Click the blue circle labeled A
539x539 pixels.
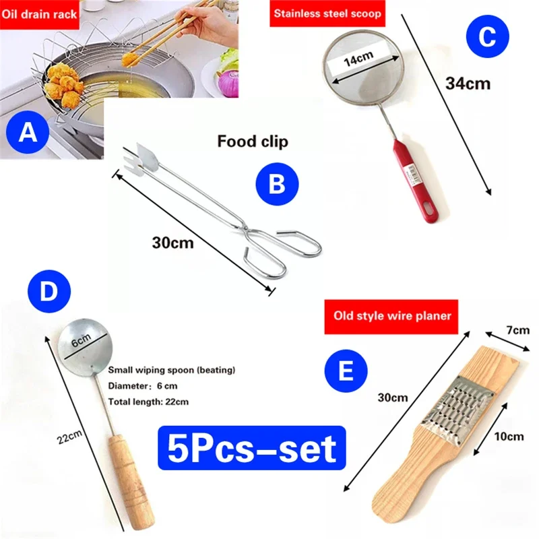coord(28,132)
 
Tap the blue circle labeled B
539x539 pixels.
coord(277,184)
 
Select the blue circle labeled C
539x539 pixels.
coord(487,36)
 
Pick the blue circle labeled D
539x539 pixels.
coord(49,291)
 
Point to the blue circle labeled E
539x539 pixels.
coord(346,371)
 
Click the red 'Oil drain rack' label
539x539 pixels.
coord(39,14)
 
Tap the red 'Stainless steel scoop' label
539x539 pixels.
coord(327,13)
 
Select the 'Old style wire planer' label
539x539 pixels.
coord(391,316)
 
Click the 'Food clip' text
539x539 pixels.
coord(253,141)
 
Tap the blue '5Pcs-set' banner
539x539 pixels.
coord(252,447)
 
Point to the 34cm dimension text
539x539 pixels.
coord(468,84)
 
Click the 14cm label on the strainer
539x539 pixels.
coord(358,59)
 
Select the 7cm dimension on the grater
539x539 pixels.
coord(518,330)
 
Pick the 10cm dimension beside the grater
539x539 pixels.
coord(509,437)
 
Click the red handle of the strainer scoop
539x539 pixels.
coord(416,180)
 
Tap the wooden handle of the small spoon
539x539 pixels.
coord(131,483)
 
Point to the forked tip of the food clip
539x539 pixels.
coord(135,160)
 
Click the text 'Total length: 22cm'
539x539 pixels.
coord(148,402)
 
